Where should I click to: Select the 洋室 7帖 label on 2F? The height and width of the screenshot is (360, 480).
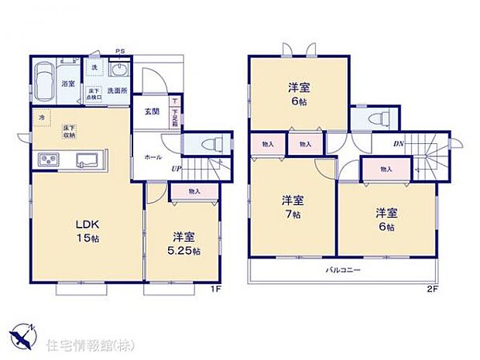click(292, 207)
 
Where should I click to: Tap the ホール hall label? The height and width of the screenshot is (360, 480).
click(153, 156)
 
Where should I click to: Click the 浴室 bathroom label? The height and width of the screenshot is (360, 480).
click(68, 84)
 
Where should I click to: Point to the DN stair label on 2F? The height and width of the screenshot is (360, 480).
click(399, 143)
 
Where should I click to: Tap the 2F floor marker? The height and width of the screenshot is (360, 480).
click(432, 289)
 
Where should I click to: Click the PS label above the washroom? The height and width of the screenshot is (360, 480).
click(120, 52)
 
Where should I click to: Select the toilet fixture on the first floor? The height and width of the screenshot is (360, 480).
click(211, 144)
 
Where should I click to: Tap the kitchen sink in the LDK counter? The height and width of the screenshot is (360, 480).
click(84, 159)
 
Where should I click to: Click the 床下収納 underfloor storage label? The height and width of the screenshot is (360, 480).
click(70, 129)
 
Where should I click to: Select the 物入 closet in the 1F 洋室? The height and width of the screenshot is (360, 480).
click(194, 190)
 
